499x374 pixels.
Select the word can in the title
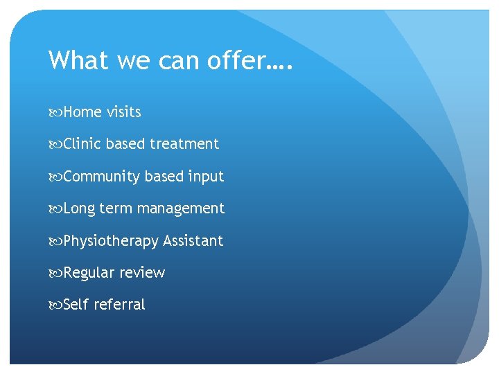pyautogui.click(x=177, y=60)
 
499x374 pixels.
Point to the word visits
pyautogui.click(x=124, y=112)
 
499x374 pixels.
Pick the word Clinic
pyautogui.click(x=82, y=144)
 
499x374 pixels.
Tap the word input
pyautogui.click(x=206, y=177)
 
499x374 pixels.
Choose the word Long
pyautogui.click(x=80, y=208)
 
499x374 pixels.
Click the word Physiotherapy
pyautogui.click(x=111, y=241)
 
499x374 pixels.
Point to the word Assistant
pyautogui.click(x=193, y=241)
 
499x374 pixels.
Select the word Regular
pyautogui.click(x=89, y=273)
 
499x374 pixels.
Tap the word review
pyautogui.click(x=142, y=273)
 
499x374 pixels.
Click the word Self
pyautogui.click(x=76, y=305)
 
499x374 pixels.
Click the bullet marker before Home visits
pyautogui.click(x=55, y=113)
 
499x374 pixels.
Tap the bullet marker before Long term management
pyautogui.click(x=55, y=209)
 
